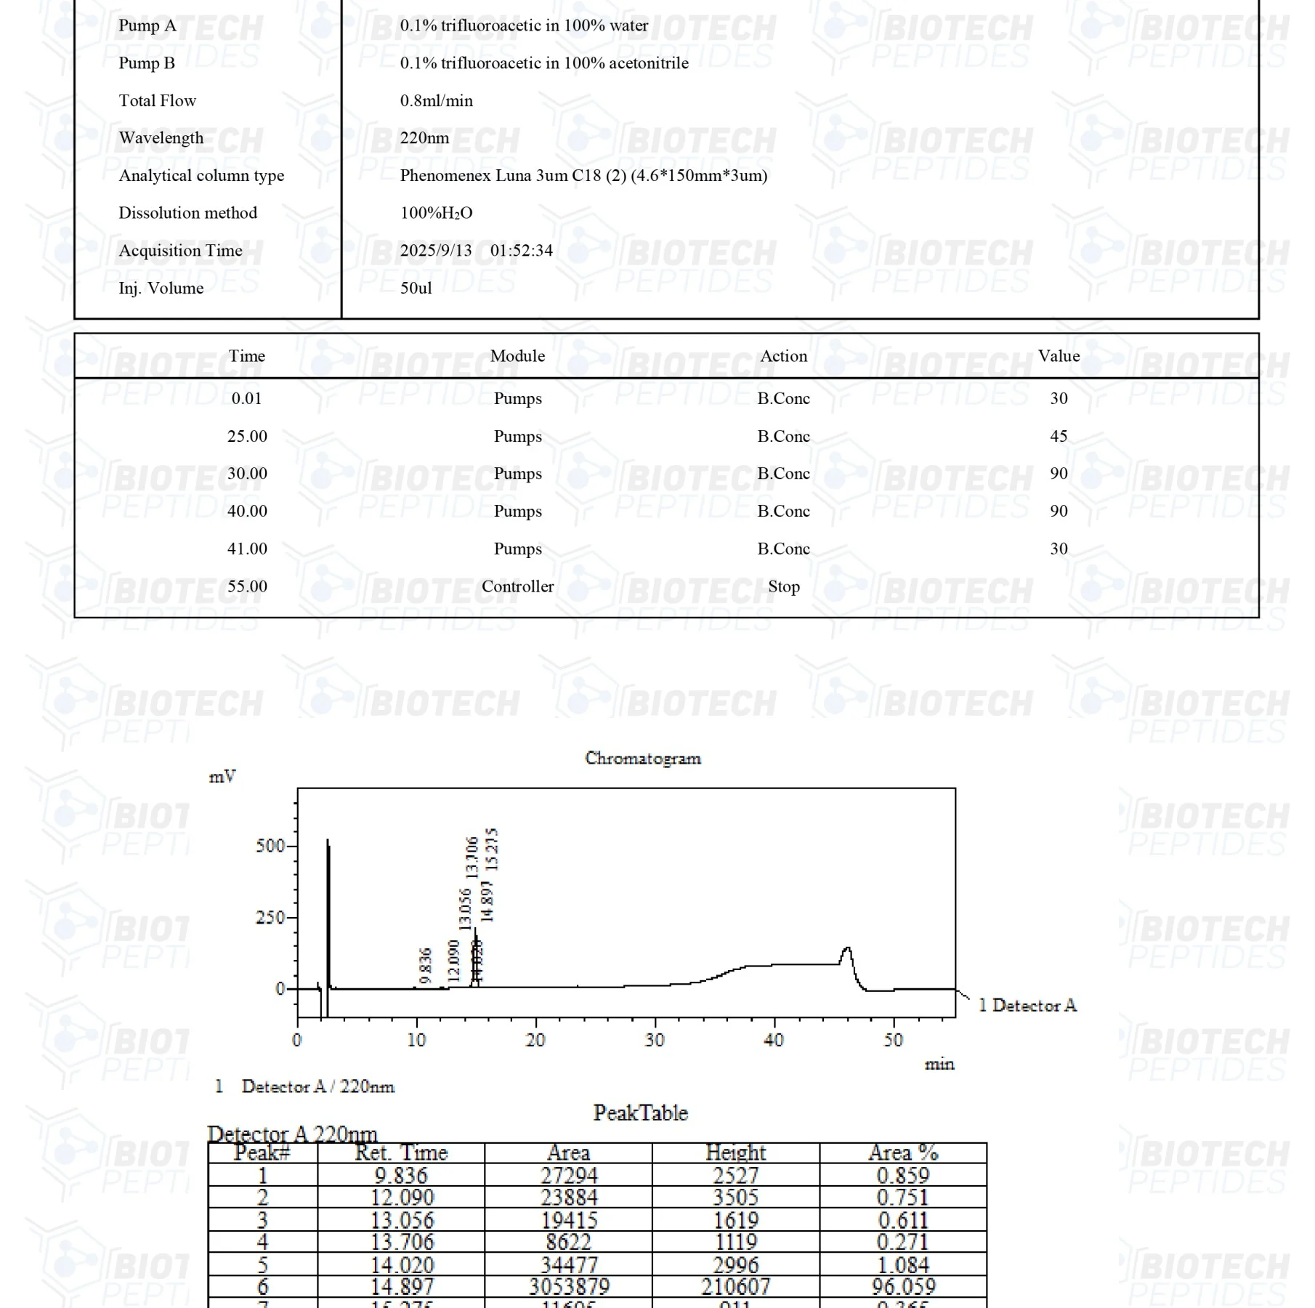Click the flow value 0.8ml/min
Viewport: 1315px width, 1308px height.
coord(436,101)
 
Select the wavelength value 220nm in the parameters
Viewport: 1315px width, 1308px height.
coord(424,138)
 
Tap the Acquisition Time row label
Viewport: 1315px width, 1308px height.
coord(180,251)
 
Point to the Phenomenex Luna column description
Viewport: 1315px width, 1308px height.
coord(583,176)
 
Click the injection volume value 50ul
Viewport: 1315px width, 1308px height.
coord(416,288)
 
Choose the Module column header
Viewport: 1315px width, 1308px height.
coord(517,356)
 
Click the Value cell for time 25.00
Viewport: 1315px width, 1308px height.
coord(1059,436)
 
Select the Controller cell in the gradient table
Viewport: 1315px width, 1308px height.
coord(517,586)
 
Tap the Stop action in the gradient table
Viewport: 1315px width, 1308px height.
coord(783,586)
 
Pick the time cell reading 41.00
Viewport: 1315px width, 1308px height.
coord(247,549)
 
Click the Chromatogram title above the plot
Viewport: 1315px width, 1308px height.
coord(643,759)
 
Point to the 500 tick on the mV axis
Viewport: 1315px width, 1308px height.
coord(270,846)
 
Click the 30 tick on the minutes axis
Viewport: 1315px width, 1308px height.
coord(655,1041)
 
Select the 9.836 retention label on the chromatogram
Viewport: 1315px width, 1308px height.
coord(426,965)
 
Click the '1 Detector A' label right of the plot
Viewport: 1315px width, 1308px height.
coord(1027,1006)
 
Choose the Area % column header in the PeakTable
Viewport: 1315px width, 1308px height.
coord(903,1152)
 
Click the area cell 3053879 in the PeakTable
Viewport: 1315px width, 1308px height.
coord(569,1287)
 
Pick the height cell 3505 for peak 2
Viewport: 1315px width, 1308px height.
coord(735,1198)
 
